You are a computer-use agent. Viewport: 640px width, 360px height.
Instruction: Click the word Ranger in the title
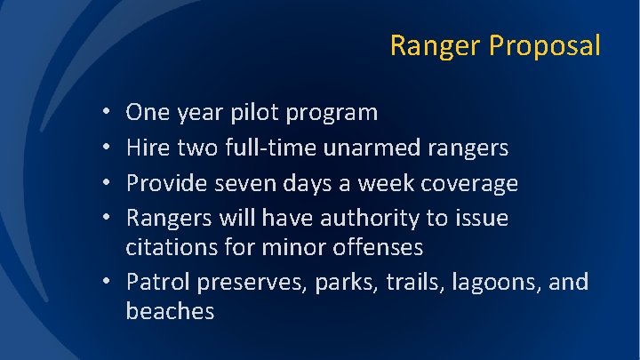[x=435, y=45]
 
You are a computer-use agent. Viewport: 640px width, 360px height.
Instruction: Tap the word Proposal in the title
[x=545, y=45]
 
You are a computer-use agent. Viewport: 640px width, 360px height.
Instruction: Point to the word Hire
[x=148, y=147]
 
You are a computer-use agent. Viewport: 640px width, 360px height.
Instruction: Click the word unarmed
[x=372, y=147]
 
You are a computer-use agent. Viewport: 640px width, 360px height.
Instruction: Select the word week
[x=386, y=182]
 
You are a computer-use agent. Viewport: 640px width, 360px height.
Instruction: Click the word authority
[x=370, y=219]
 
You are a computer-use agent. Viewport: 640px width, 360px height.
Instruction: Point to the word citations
[x=172, y=246]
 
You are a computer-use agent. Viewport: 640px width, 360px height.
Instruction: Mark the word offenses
[x=378, y=246]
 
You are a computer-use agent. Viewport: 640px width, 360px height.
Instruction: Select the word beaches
[x=170, y=310]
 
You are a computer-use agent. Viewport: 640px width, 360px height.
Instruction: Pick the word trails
[x=415, y=283]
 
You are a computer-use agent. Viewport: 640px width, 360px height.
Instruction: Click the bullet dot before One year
[x=106, y=110]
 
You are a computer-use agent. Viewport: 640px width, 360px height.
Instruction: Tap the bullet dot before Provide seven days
[x=106, y=182]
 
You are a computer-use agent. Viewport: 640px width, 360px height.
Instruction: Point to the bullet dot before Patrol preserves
[x=106, y=281]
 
